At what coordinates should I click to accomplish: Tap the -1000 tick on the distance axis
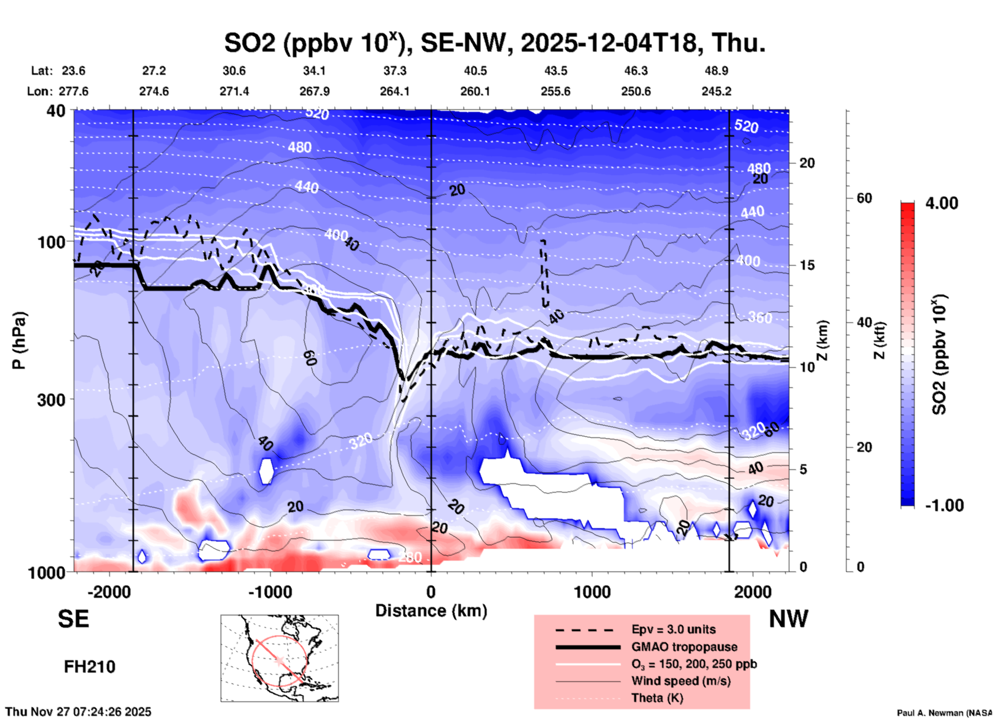[270, 592]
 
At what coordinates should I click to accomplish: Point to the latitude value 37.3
[394, 71]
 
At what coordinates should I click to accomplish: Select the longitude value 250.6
[636, 91]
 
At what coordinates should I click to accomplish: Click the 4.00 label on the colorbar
[941, 203]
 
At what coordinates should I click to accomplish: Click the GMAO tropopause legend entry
[684, 647]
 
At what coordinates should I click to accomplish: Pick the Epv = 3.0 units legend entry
[673, 629]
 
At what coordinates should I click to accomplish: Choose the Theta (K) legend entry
[657, 698]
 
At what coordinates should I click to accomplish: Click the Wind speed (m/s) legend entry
[681, 681]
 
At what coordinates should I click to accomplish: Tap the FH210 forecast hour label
[90, 667]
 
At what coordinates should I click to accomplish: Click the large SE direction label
[73, 619]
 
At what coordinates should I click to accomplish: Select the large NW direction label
[788, 619]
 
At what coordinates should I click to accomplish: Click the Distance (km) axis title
[431, 611]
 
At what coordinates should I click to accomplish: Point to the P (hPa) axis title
[19, 340]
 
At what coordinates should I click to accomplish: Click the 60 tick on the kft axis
[865, 198]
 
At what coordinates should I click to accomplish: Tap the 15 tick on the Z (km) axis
[807, 265]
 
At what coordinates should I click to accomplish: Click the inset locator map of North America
[279, 658]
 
